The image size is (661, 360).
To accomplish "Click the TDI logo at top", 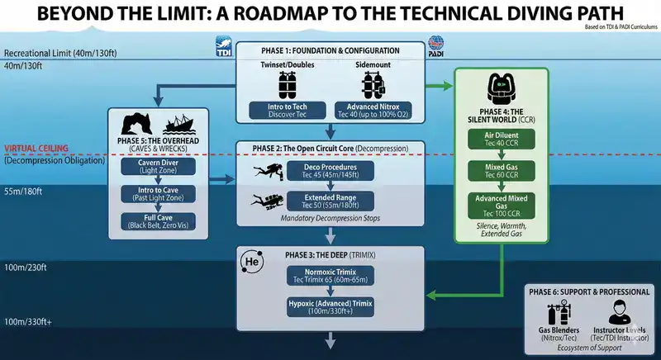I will tap(222, 44).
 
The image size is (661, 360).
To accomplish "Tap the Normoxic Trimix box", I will tap(330, 274).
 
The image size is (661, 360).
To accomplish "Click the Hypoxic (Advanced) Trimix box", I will tap(330, 306).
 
